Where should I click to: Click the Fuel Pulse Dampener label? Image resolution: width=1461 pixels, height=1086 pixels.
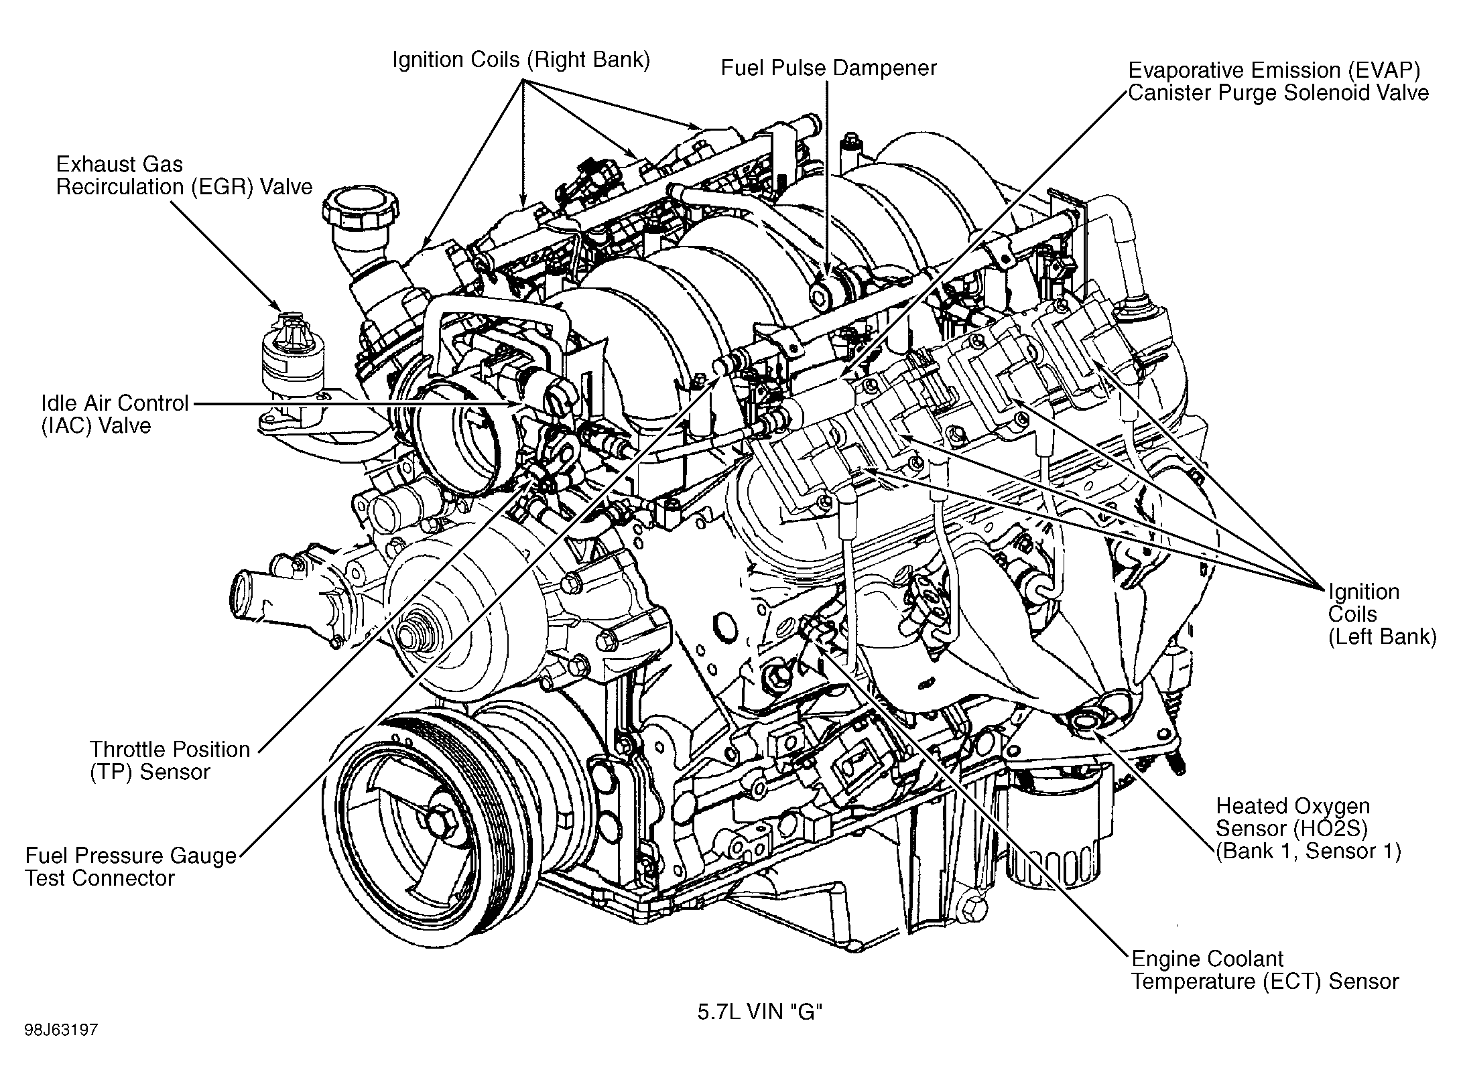tap(828, 68)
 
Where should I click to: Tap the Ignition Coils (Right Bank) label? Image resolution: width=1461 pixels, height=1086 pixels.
tap(521, 60)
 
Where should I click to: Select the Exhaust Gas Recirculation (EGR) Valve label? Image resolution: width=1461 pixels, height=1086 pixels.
tap(184, 176)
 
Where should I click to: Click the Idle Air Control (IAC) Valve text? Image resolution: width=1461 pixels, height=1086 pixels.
tap(114, 415)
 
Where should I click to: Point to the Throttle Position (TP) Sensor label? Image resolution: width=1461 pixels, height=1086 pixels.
tap(170, 760)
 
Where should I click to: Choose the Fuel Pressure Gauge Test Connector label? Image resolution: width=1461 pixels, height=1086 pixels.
tap(131, 867)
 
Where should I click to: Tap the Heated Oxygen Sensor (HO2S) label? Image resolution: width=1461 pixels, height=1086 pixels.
tap(1308, 828)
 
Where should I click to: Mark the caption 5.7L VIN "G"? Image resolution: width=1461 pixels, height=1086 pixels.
tap(759, 1012)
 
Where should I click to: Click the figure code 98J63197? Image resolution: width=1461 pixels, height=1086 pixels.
tap(62, 1048)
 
